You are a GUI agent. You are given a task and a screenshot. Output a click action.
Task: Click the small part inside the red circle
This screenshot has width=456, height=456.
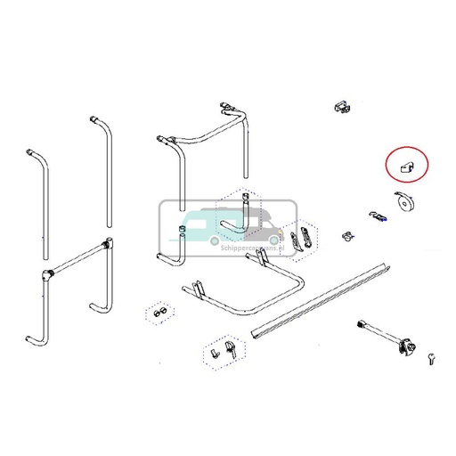point(406,166)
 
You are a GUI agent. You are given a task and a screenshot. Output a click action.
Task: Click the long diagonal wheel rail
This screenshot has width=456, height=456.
point(322,297)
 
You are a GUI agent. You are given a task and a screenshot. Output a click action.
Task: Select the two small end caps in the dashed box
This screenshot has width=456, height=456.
point(159,313)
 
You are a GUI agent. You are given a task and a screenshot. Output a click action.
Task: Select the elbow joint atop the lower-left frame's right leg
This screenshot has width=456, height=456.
point(108,243)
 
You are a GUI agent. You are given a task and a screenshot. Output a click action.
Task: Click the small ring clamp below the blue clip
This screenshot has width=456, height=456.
point(346,238)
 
